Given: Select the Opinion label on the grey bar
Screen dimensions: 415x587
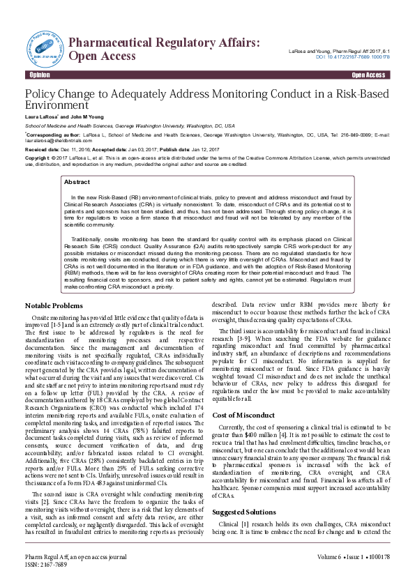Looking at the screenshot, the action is click(x=39, y=74).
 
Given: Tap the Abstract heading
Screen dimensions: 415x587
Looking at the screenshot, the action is click(x=77, y=182).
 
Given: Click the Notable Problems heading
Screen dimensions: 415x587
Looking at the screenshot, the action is click(x=54, y=306).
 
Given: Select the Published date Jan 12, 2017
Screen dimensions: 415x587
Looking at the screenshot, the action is click(x=206, y=150).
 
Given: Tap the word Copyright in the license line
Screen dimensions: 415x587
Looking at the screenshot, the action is click(x=39, y=159).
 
